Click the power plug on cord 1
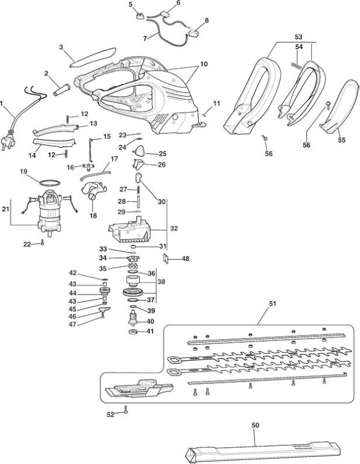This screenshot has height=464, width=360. click(8, 142)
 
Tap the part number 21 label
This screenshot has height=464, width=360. click(6, 209)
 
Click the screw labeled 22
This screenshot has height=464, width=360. click(42, 242)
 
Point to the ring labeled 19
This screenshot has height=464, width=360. click(49, 183)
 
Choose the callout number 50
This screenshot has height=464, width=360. click(255, 425)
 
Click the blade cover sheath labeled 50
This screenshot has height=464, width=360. click(263, 452)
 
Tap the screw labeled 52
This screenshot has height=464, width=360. click(126, 410)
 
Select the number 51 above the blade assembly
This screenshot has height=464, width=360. click(272, 303)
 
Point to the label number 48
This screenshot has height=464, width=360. click(186, 259)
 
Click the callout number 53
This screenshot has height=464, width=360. click(299, 37)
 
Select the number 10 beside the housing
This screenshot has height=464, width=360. click(204, 64)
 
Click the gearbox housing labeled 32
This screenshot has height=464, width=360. click(130, 230)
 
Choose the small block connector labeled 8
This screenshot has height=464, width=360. click(193, 33)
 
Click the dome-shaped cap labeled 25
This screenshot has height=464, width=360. click(139, 151)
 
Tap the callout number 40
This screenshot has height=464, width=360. click(150, 321)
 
